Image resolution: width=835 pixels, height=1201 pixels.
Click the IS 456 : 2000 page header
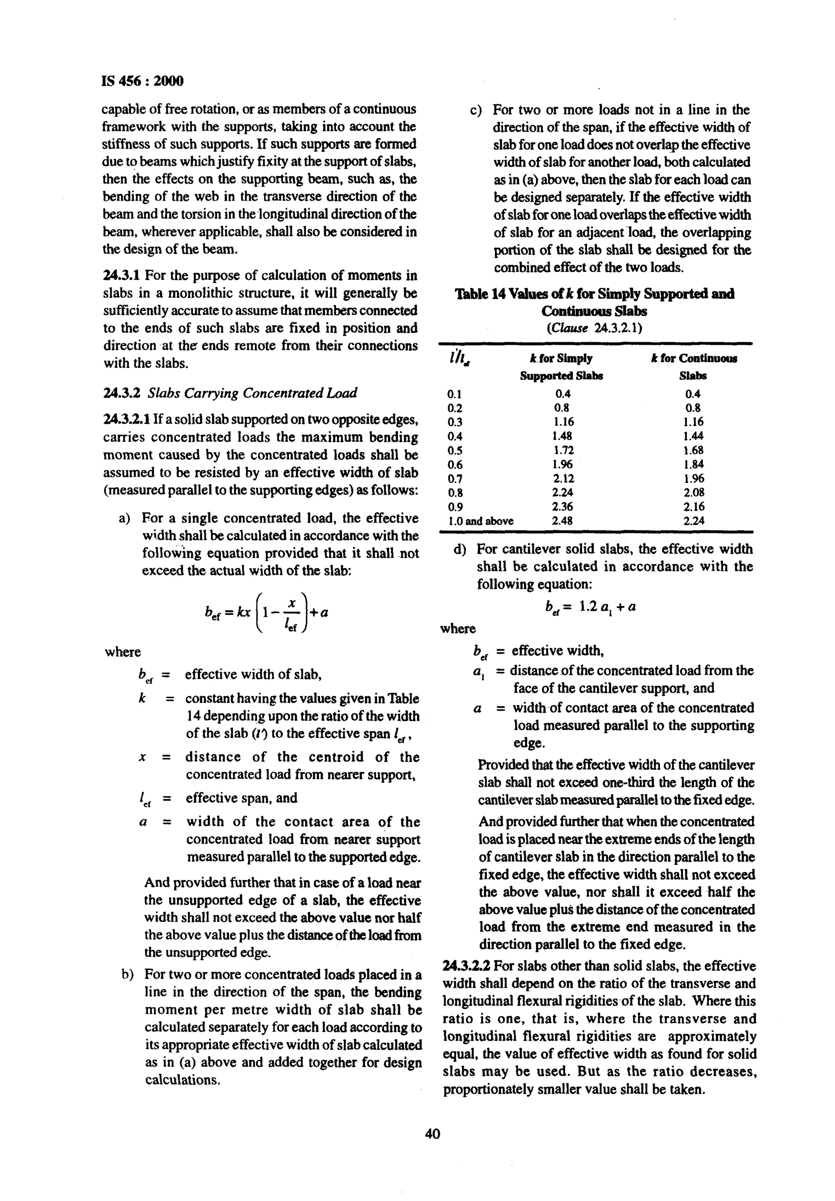pyautogui.click(x=142, y=81)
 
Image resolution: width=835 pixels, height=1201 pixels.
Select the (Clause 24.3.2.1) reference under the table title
pyautogui.click(x=594, y=329)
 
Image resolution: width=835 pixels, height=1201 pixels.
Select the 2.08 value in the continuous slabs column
pyautogui.click(x=693, y=492)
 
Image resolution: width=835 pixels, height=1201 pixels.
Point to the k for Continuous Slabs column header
pyautogui.click(x=693, y=366)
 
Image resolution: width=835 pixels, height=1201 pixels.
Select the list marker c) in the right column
pyautogui.click(x=476, y=110)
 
